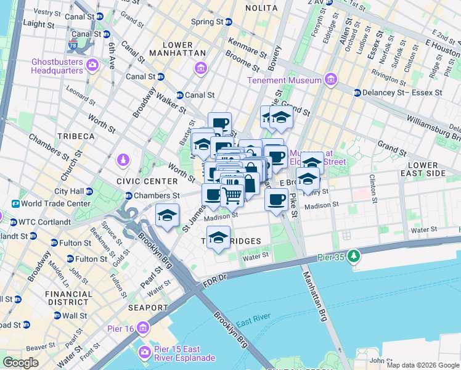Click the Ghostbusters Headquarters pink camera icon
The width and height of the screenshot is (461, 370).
click(x=92, y=64)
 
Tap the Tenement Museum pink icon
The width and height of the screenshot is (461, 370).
click(x=331, y=80)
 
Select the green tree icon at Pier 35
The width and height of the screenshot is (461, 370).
click(x=354, y=255)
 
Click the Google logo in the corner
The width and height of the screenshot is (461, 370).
click(x=20, y=363)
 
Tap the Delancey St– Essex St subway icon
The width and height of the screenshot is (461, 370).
click(x=357, y=92)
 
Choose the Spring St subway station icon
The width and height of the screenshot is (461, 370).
click(x=229, y=22)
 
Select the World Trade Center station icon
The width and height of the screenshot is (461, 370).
click(x=15, y=203)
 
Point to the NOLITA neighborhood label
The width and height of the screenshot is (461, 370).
click(x=262, y=8)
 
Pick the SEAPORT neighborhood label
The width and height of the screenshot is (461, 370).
click(x=147, y=307)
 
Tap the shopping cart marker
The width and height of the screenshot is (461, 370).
click(x=232, y=195)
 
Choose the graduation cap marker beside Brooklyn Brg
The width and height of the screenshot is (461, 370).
click(x=166, y=216)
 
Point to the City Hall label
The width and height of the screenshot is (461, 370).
click(x=68, y=191)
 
